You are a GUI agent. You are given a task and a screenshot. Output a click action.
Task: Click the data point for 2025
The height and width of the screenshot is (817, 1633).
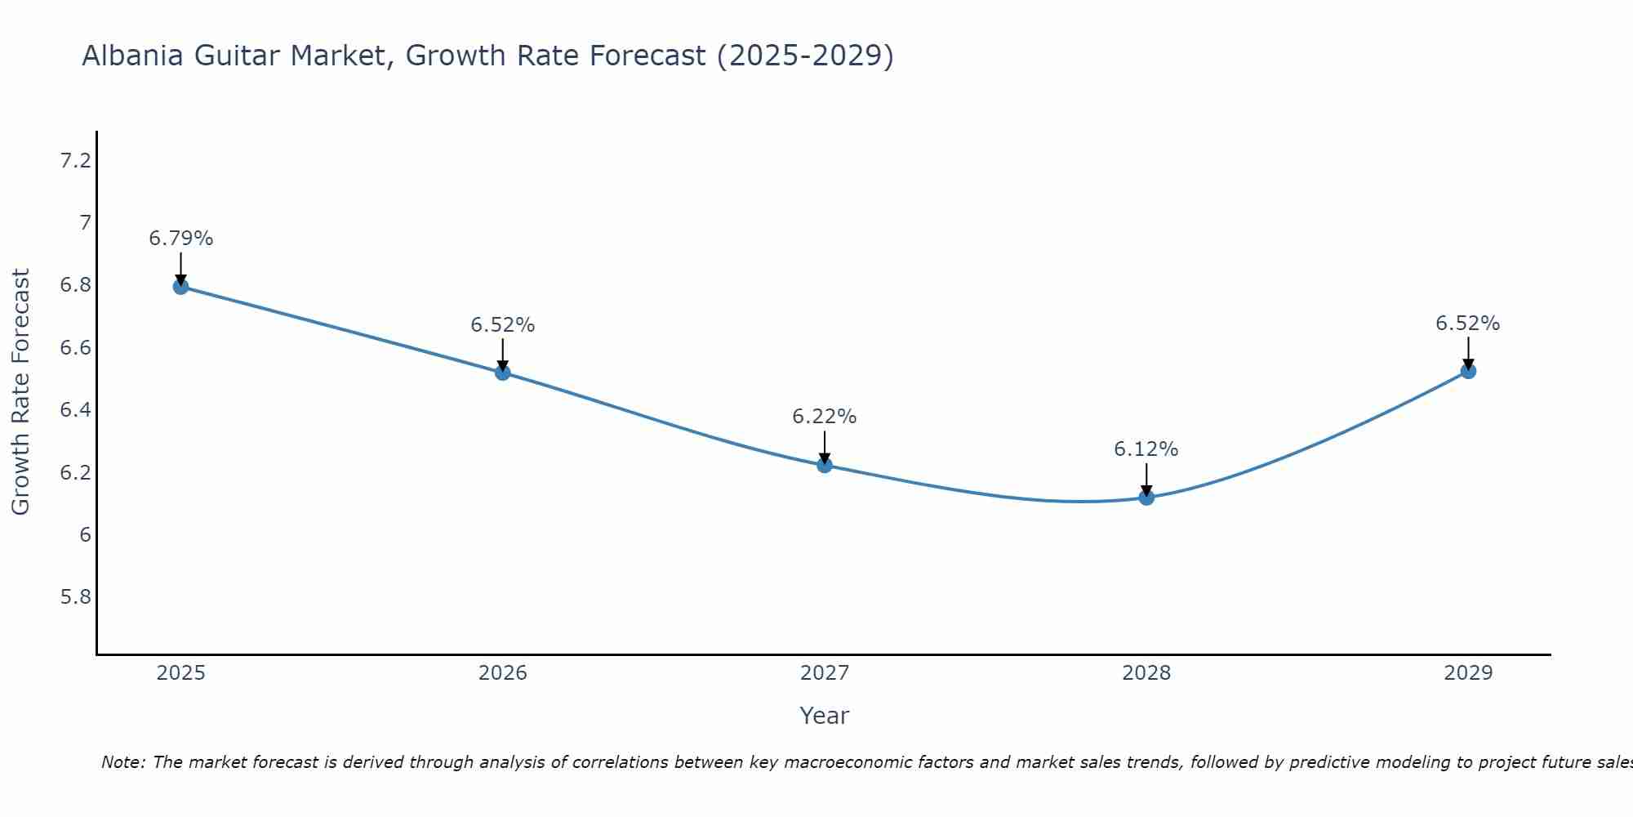[180, 286]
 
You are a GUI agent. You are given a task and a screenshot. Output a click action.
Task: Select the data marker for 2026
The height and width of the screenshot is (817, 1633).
[503, 373]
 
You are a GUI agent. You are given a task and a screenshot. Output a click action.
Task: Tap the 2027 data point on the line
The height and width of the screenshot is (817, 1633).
[825, 465]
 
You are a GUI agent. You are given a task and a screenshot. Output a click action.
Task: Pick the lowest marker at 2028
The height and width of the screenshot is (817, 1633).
[1146, 497]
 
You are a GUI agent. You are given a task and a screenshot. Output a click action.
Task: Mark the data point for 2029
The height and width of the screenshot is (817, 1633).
[1468, 371]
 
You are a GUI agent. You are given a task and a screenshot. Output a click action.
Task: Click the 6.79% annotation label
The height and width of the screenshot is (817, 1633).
[180, 239]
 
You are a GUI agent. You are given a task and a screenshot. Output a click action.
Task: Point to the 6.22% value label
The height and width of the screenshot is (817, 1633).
[825, 417]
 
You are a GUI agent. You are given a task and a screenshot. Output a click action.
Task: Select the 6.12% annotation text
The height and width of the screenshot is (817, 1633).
[1146, 449]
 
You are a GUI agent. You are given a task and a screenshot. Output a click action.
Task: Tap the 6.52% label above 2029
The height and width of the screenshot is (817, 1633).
[1468, 324]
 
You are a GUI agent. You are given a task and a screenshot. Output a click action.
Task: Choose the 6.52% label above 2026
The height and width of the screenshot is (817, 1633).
[503, 325]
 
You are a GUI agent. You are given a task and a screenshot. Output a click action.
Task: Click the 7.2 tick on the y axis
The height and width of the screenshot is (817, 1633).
[76, 161]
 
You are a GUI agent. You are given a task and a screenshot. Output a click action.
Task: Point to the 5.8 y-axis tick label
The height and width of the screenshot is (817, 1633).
[76, 597]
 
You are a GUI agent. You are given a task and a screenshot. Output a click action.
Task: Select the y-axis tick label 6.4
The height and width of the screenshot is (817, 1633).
[76, 410]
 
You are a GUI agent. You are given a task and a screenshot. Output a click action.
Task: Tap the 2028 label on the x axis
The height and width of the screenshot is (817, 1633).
[1146, 673]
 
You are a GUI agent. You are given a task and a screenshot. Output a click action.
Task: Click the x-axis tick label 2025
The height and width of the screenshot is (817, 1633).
[180, 673]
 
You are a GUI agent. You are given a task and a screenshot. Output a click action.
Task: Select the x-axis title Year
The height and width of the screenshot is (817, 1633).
[825, 716]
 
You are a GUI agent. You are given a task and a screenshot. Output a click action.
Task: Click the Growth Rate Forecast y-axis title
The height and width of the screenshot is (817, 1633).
[21, 392]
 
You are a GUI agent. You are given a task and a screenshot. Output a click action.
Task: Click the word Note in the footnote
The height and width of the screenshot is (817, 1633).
[122, 762]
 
